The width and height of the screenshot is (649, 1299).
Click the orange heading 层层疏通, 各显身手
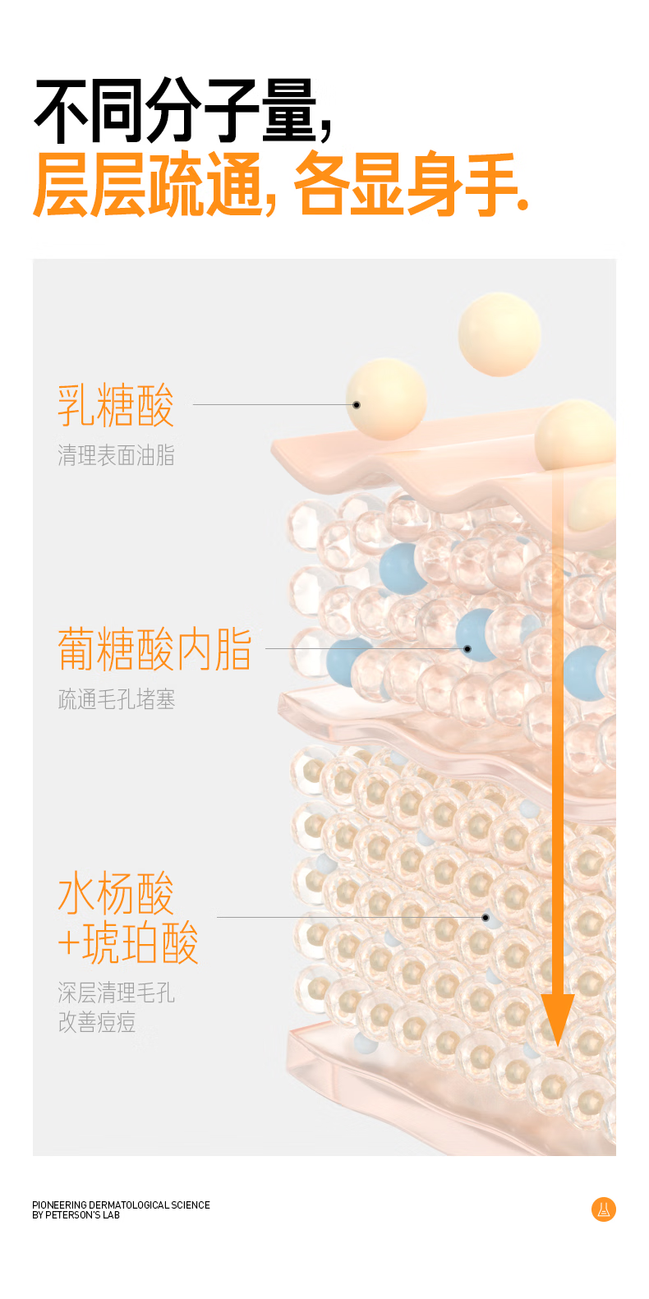click(279, 184)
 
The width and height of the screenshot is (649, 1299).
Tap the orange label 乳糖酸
click(116, 404)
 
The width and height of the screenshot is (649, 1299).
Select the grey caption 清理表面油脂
click(116, 455)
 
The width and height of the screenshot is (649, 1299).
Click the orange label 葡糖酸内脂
click(154, 649)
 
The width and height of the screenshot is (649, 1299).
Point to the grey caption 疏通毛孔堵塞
click(116, 699)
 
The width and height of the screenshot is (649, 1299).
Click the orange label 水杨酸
click(116, 893)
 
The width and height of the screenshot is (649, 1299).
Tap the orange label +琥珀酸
click(128, 942)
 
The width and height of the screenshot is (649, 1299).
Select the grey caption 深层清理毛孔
click(116, 993)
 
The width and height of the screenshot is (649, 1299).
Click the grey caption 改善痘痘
click(96, 1022)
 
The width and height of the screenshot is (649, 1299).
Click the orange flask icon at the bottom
click(604, 1209)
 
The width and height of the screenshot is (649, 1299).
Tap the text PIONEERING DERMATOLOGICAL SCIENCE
click(121, 1205)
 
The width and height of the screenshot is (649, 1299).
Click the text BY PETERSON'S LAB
click(76, 1215)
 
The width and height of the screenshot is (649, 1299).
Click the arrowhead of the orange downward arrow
click(558, 1019)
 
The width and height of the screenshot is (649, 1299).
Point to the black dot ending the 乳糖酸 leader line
click(357, 405)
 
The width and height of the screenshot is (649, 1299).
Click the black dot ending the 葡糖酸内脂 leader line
click(467, 649)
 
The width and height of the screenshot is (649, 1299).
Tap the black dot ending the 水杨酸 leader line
click(486, 917)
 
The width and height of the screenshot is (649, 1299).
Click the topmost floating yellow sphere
click(499, 334)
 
